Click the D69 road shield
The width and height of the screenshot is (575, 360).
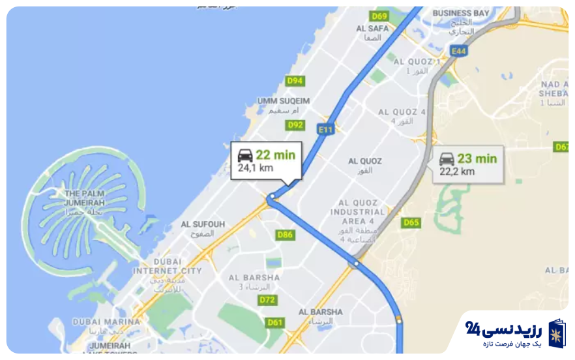379,16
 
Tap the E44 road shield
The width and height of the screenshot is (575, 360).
459,51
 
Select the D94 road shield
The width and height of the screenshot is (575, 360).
295,81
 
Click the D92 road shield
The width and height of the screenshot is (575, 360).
295,125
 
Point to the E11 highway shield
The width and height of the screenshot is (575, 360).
325,130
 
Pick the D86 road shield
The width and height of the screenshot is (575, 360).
285,235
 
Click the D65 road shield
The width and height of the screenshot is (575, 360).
411,222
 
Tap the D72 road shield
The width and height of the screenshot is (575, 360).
267,300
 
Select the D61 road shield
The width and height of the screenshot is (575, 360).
275,322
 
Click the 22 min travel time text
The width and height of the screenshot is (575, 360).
275,155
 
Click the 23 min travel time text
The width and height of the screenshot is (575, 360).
477,158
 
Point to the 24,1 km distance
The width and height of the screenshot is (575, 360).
255,168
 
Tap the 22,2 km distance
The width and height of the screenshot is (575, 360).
457,172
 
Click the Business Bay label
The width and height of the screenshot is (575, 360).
461,13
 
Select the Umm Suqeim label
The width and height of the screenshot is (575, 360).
284,101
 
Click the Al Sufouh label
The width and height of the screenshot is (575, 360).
203,224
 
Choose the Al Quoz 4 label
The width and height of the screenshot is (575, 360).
402,112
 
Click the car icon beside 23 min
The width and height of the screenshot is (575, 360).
447,158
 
